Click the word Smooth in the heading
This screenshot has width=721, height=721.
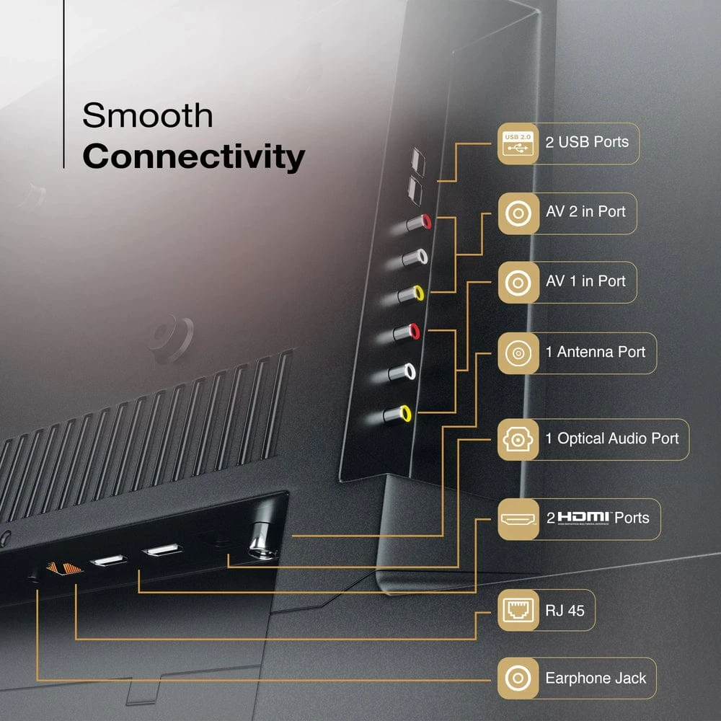tap(147, 115)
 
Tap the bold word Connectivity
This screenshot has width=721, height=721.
tap(193, 156)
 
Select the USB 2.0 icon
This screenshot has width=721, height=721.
tap(518, 143)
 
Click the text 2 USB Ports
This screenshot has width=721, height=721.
tap(586, 142)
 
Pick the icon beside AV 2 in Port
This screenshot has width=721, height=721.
tap(518, 213)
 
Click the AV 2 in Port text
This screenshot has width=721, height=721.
tap(585, 212)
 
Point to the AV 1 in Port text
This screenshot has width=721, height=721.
tap(585, 281)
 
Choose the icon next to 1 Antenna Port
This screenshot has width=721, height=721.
tap(518, 353)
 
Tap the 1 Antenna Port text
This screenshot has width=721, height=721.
tap(596, 353)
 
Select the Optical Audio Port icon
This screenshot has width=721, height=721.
tap(518, 438)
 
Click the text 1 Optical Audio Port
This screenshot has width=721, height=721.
tap(612, 438)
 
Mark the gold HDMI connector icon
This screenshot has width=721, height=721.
tap(518, 518)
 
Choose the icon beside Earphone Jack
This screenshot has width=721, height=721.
tap(518, 678)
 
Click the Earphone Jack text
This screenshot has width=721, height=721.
tap(596, 678)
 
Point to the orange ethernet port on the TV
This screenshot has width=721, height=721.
tap(64, 568)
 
